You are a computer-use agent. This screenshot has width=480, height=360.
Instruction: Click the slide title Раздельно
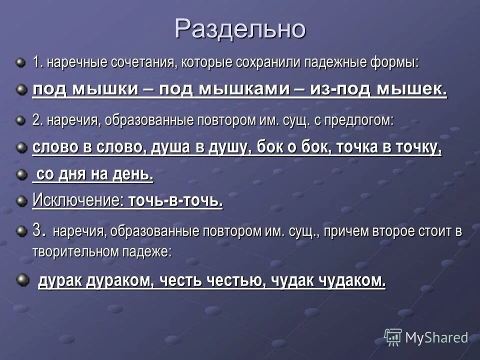pos(240,29)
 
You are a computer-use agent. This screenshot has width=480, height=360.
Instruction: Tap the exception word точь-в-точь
pos(175,201)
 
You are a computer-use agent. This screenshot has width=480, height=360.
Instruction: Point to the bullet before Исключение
pos(20,201)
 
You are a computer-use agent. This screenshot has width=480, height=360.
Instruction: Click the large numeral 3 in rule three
pos(36,230)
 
